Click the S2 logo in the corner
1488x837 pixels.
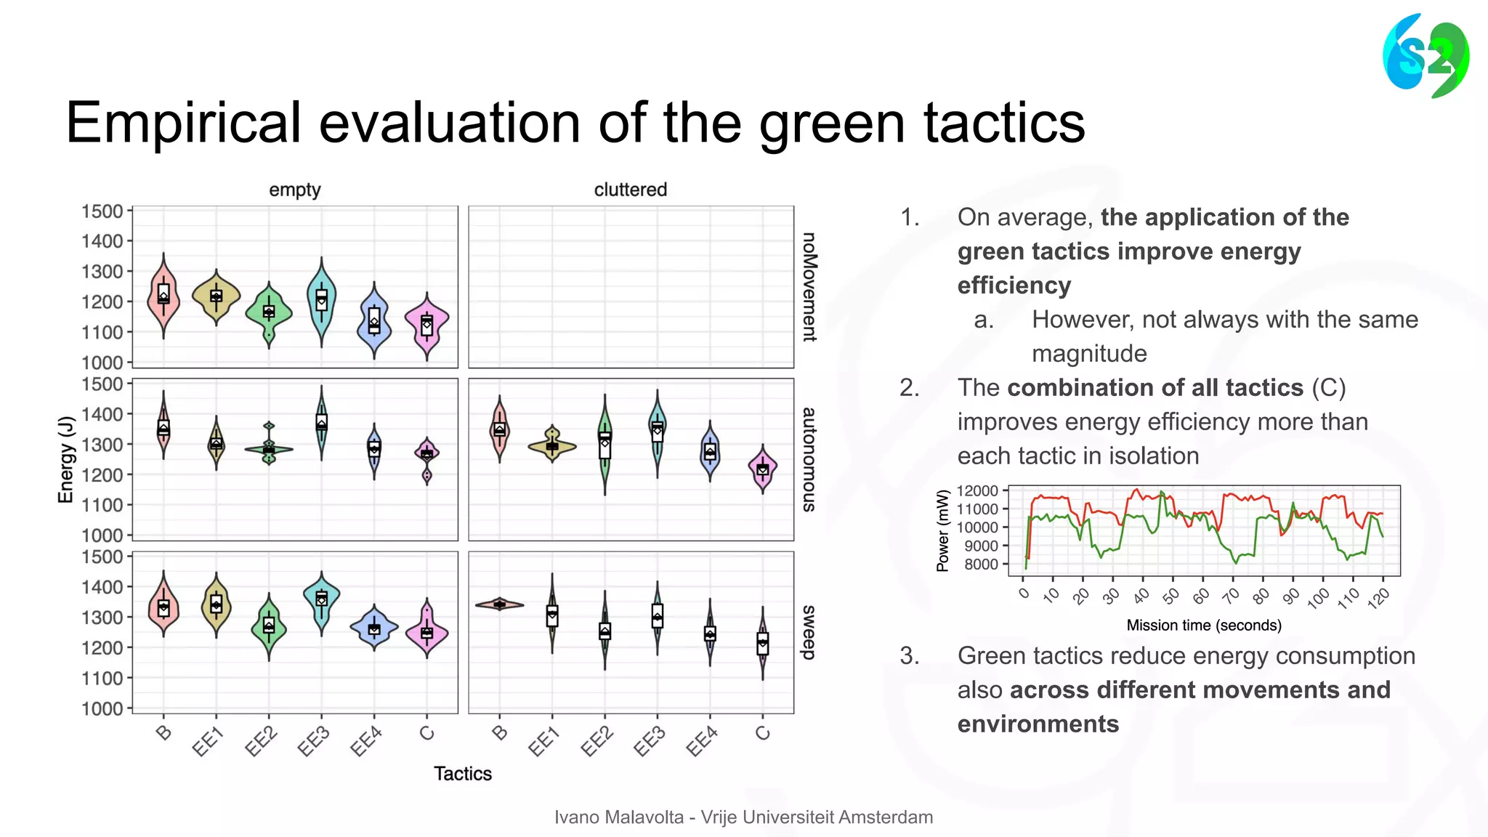pos(1426,57)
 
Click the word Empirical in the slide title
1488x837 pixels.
pos(182,123)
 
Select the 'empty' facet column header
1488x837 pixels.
pos(294,190)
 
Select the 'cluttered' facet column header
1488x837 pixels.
pos(630,190)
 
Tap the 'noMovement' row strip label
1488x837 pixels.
pos(809,287)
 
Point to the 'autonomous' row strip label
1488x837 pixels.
pos(809,459)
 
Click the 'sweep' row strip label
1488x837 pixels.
pos(809,632)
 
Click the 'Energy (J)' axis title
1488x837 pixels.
pos(66,459)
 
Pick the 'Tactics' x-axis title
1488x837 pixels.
pos(463,774)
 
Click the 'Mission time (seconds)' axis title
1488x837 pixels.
pos(1204,626)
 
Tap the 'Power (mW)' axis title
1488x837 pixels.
pos(943,530)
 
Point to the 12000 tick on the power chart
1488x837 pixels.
pos(977,491)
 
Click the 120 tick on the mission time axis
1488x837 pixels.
pos(1378,597)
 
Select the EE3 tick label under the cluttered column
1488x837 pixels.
pos(649,742)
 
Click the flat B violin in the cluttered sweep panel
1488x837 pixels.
pos(500,604)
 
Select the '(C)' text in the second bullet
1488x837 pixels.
pos(1329,388)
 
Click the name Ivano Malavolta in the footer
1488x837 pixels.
pos(619,817)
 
